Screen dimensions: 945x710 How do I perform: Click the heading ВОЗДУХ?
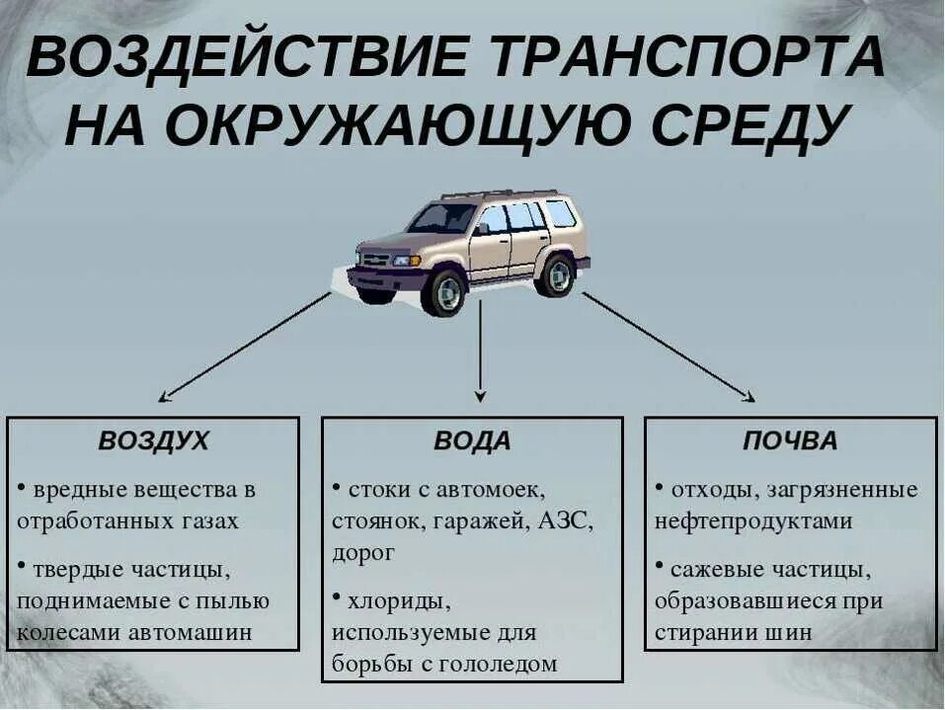(x=154, y=441)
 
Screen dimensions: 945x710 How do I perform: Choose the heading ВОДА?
(x=472, y=441)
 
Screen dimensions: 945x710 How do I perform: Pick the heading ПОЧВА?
(x=790, y=441)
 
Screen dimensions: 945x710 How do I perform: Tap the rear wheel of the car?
(x=556, y=275)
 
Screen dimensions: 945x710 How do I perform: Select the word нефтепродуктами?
(x=753, y=521)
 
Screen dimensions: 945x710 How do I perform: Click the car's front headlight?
(x=403, y=261)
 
